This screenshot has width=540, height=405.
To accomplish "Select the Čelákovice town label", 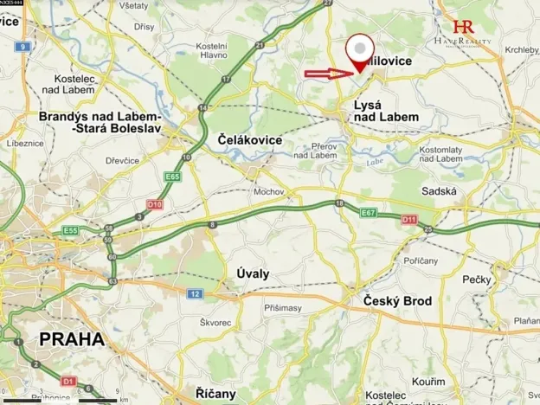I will pyautogui.click(x=242, y=138).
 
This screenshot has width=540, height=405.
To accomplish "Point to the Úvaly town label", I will pyautogui.click(x=253, y=273).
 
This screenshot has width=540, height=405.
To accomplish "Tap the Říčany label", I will pyautogui.click(x=209, y=393).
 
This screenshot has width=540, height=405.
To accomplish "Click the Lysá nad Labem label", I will pyautogui.click(x=385, y=110).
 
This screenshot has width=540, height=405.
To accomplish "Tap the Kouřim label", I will pyautogui.click(x=429, y=381).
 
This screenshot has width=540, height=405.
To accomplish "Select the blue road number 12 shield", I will pyautogui.click(x=196, y=294).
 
